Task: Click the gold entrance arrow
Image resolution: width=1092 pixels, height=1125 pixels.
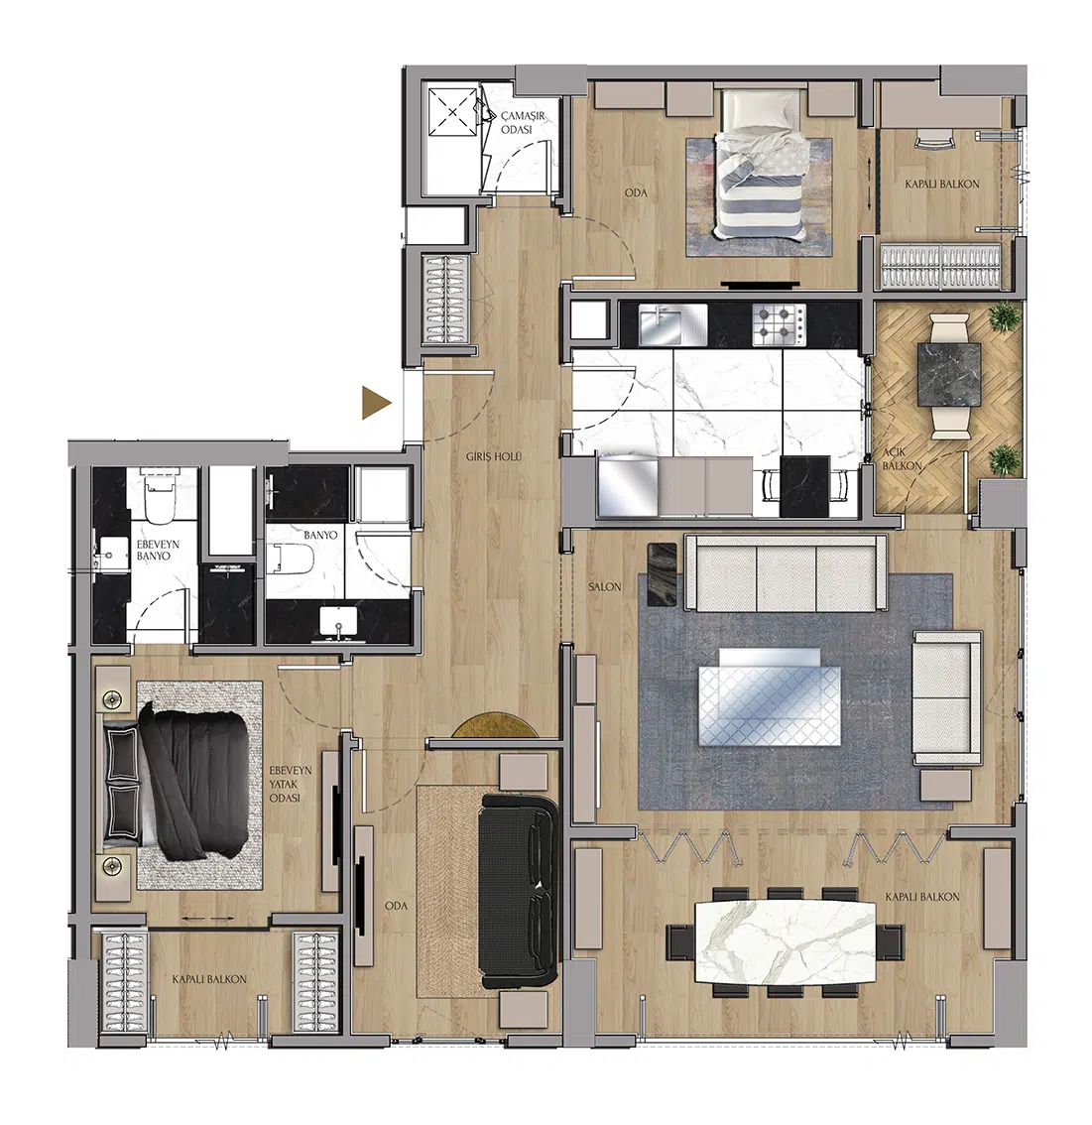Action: coord(376,403)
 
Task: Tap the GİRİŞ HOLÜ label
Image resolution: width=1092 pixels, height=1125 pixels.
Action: coord(494,457)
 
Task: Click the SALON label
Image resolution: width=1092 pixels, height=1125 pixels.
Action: coord(605,587)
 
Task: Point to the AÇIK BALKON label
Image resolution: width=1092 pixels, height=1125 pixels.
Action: coord(902,458)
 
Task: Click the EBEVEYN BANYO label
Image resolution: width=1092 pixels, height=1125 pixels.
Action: coord(158,551)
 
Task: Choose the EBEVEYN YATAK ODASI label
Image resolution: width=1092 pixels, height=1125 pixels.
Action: coord(291,784)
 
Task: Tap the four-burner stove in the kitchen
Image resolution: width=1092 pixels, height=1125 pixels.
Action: coord(779,322)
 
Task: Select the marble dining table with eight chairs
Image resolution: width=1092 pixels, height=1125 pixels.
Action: coord(785,941)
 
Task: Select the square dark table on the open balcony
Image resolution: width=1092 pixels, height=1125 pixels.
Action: coord(949,375)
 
